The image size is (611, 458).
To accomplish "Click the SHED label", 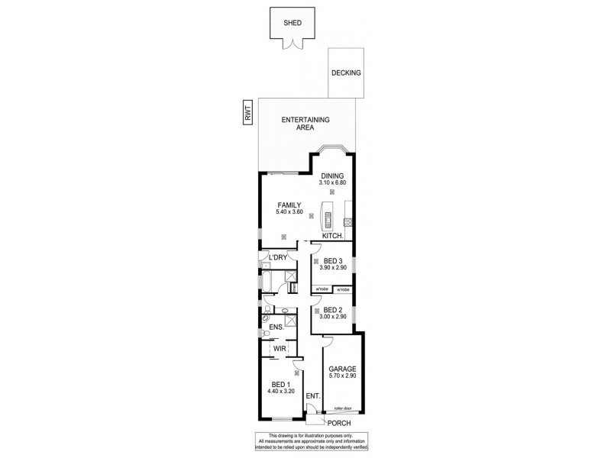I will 293,23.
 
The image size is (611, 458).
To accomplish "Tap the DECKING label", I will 346,73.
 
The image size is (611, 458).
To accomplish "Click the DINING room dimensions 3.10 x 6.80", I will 332,183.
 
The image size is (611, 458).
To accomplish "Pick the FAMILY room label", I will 289,205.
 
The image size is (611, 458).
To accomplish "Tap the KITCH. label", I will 332,236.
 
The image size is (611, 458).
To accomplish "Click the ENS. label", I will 276,327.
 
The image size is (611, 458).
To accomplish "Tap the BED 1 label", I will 280,384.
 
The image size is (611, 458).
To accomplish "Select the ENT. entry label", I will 312,396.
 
